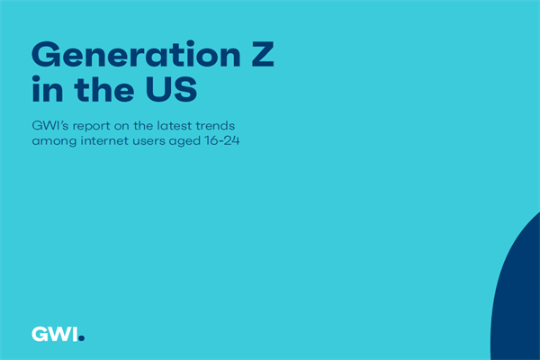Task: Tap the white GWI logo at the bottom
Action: tap(55, 334)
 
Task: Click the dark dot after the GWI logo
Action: tap(82, 338)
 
